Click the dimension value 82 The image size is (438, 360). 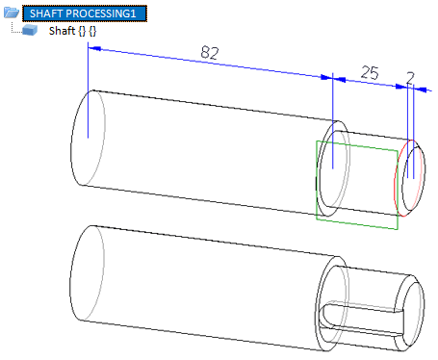coord(210,53)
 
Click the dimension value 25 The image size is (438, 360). coord(370,72)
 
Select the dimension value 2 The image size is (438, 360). coord(410,78)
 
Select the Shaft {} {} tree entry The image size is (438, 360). coord(72,31)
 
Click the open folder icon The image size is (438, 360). coord(12,13)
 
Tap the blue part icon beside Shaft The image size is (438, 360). coord(30,30)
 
